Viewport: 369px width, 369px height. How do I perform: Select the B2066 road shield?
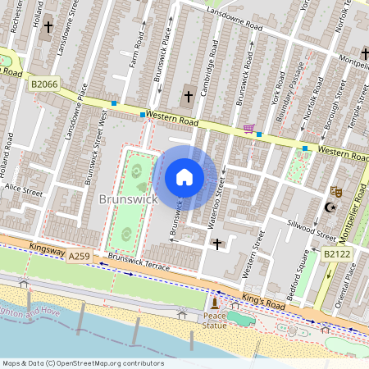[x=45, y=84]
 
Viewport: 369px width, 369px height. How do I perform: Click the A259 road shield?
[x=80, y=257]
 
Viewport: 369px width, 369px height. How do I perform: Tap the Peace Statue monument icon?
[x=215, y=304]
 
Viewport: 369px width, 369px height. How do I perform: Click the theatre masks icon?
[x=335, y=191]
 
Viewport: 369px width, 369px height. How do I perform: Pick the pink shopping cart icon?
[x=248, y=129]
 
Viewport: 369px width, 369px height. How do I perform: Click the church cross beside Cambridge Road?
[x=188, y=96]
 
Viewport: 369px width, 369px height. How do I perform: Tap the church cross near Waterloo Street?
[x=217, y=244]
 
